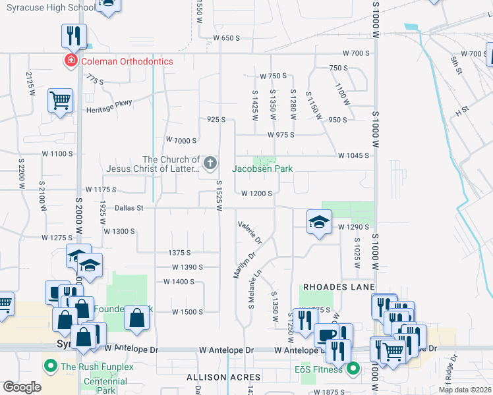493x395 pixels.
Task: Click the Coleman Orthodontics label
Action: (127, 61)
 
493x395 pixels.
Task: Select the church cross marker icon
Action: (211, 163)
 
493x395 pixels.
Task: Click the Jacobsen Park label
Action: (262, 169)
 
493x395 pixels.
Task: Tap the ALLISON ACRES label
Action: (223, 378)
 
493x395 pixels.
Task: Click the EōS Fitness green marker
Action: (353, 369)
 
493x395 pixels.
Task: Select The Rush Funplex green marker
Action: (50, 366)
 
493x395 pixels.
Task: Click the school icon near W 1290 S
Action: (319, 221)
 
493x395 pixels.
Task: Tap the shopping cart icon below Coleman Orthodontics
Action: (60, 101)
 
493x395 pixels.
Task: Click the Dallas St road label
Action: (129, 207)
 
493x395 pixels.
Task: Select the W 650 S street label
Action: (226, 38)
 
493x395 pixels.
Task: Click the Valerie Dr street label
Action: (250, 230)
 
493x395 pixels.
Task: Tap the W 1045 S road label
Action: (353, 156)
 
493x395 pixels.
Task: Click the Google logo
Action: (22, 387)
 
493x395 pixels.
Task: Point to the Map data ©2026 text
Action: (465, 390)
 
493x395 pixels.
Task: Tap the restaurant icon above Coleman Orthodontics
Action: (73, 35)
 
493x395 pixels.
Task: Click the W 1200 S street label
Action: (257, 194)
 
